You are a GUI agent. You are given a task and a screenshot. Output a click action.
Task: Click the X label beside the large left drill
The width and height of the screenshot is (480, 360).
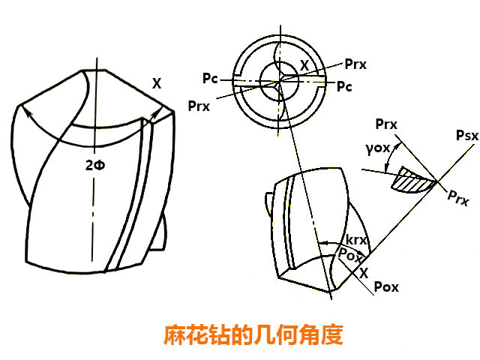pos(156,85)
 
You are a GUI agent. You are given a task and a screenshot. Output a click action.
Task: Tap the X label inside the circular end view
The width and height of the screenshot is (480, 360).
pos(304,66)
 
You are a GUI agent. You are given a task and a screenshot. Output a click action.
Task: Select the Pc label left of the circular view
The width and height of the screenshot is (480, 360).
pos(211,78)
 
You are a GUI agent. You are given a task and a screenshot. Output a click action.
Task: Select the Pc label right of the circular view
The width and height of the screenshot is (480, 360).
pos(344,86)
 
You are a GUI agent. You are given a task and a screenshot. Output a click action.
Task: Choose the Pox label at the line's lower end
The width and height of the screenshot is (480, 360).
pos(385,287)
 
